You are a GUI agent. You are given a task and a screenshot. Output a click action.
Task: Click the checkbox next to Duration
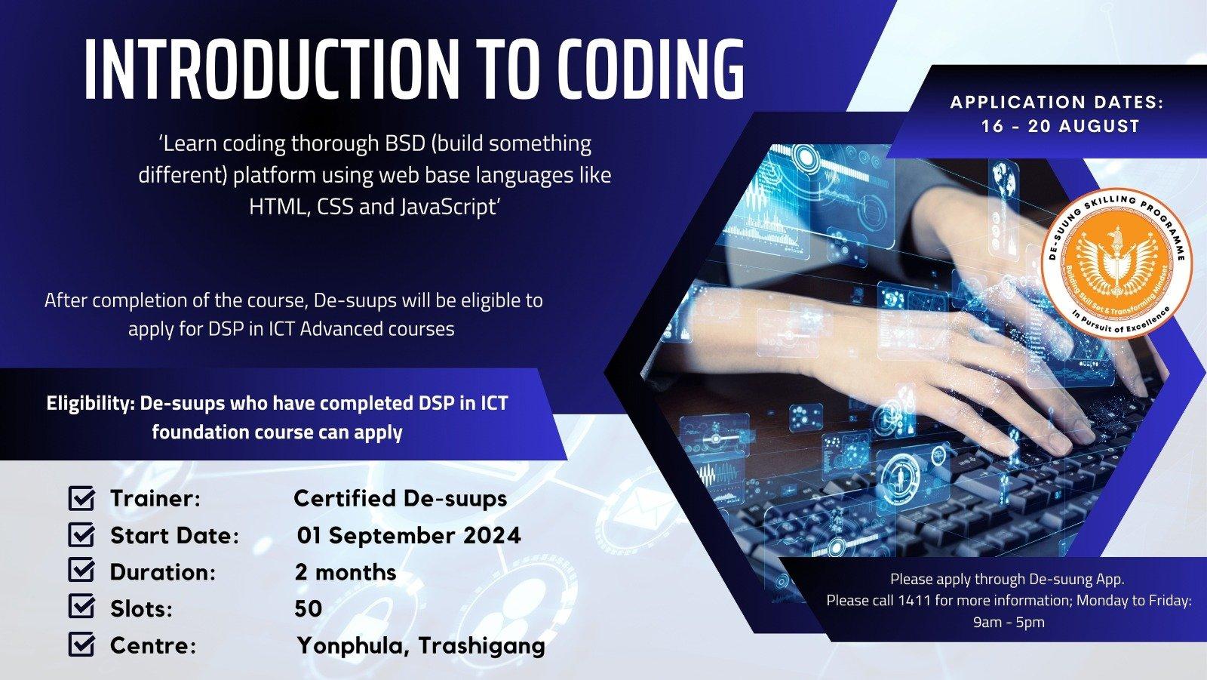[x=82, y=571]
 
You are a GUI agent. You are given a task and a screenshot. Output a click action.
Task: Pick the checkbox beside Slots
[x=82, y=607]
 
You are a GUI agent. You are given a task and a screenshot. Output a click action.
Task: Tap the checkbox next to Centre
[x=82, y=644]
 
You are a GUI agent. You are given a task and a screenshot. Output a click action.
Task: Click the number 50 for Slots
[x=309, y=608]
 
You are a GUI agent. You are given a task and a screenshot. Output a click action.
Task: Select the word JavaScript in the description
[x=448, y=207]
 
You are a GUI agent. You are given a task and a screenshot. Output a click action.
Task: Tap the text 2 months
[x=346, y=572]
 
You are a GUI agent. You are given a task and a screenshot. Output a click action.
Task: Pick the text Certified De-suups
[x=401, y=499]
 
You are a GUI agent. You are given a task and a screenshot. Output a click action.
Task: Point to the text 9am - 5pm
[x=1009, y=623]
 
